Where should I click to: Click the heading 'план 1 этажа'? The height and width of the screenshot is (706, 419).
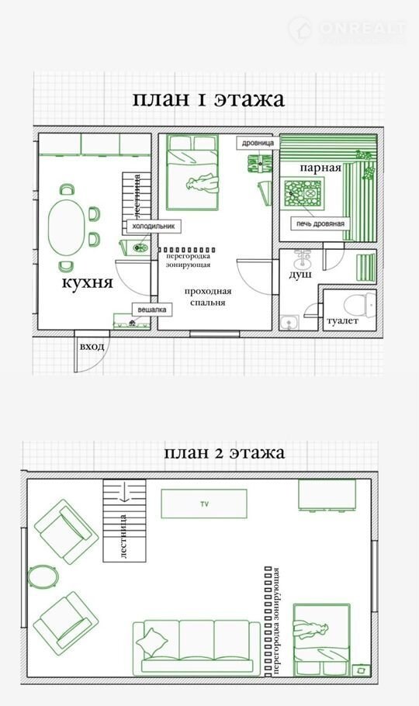pos(208,99)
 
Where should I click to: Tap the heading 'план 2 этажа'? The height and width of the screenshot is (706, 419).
pos(224,452)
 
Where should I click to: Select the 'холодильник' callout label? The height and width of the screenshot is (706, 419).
pos(153,226)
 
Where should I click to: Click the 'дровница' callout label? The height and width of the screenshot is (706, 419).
pos(258,143)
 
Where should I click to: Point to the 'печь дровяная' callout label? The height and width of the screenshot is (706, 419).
pos(320,223)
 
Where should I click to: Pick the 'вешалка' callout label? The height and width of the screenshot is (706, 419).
pos(152,310)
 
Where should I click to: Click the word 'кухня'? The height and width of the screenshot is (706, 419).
pos(87,282)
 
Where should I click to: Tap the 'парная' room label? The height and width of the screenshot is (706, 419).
pos(320,168)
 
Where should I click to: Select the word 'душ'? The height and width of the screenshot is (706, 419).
pos(300,274)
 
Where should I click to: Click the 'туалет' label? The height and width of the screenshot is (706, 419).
pos(342,320)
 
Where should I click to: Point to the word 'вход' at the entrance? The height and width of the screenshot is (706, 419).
pos(92,347)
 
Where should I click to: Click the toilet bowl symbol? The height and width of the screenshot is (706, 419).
pos(358,304)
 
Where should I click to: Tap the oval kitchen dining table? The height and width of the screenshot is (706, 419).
pos(67,228)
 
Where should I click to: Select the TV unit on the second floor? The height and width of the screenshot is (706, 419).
pos(204,504)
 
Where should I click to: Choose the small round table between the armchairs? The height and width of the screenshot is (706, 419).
pos(43,576)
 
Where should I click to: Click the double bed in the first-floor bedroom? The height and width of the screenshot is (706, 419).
pos(192,172)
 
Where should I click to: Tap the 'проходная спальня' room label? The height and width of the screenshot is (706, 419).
pos(208,296)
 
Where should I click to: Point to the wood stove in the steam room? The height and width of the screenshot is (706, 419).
pos(303,195)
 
